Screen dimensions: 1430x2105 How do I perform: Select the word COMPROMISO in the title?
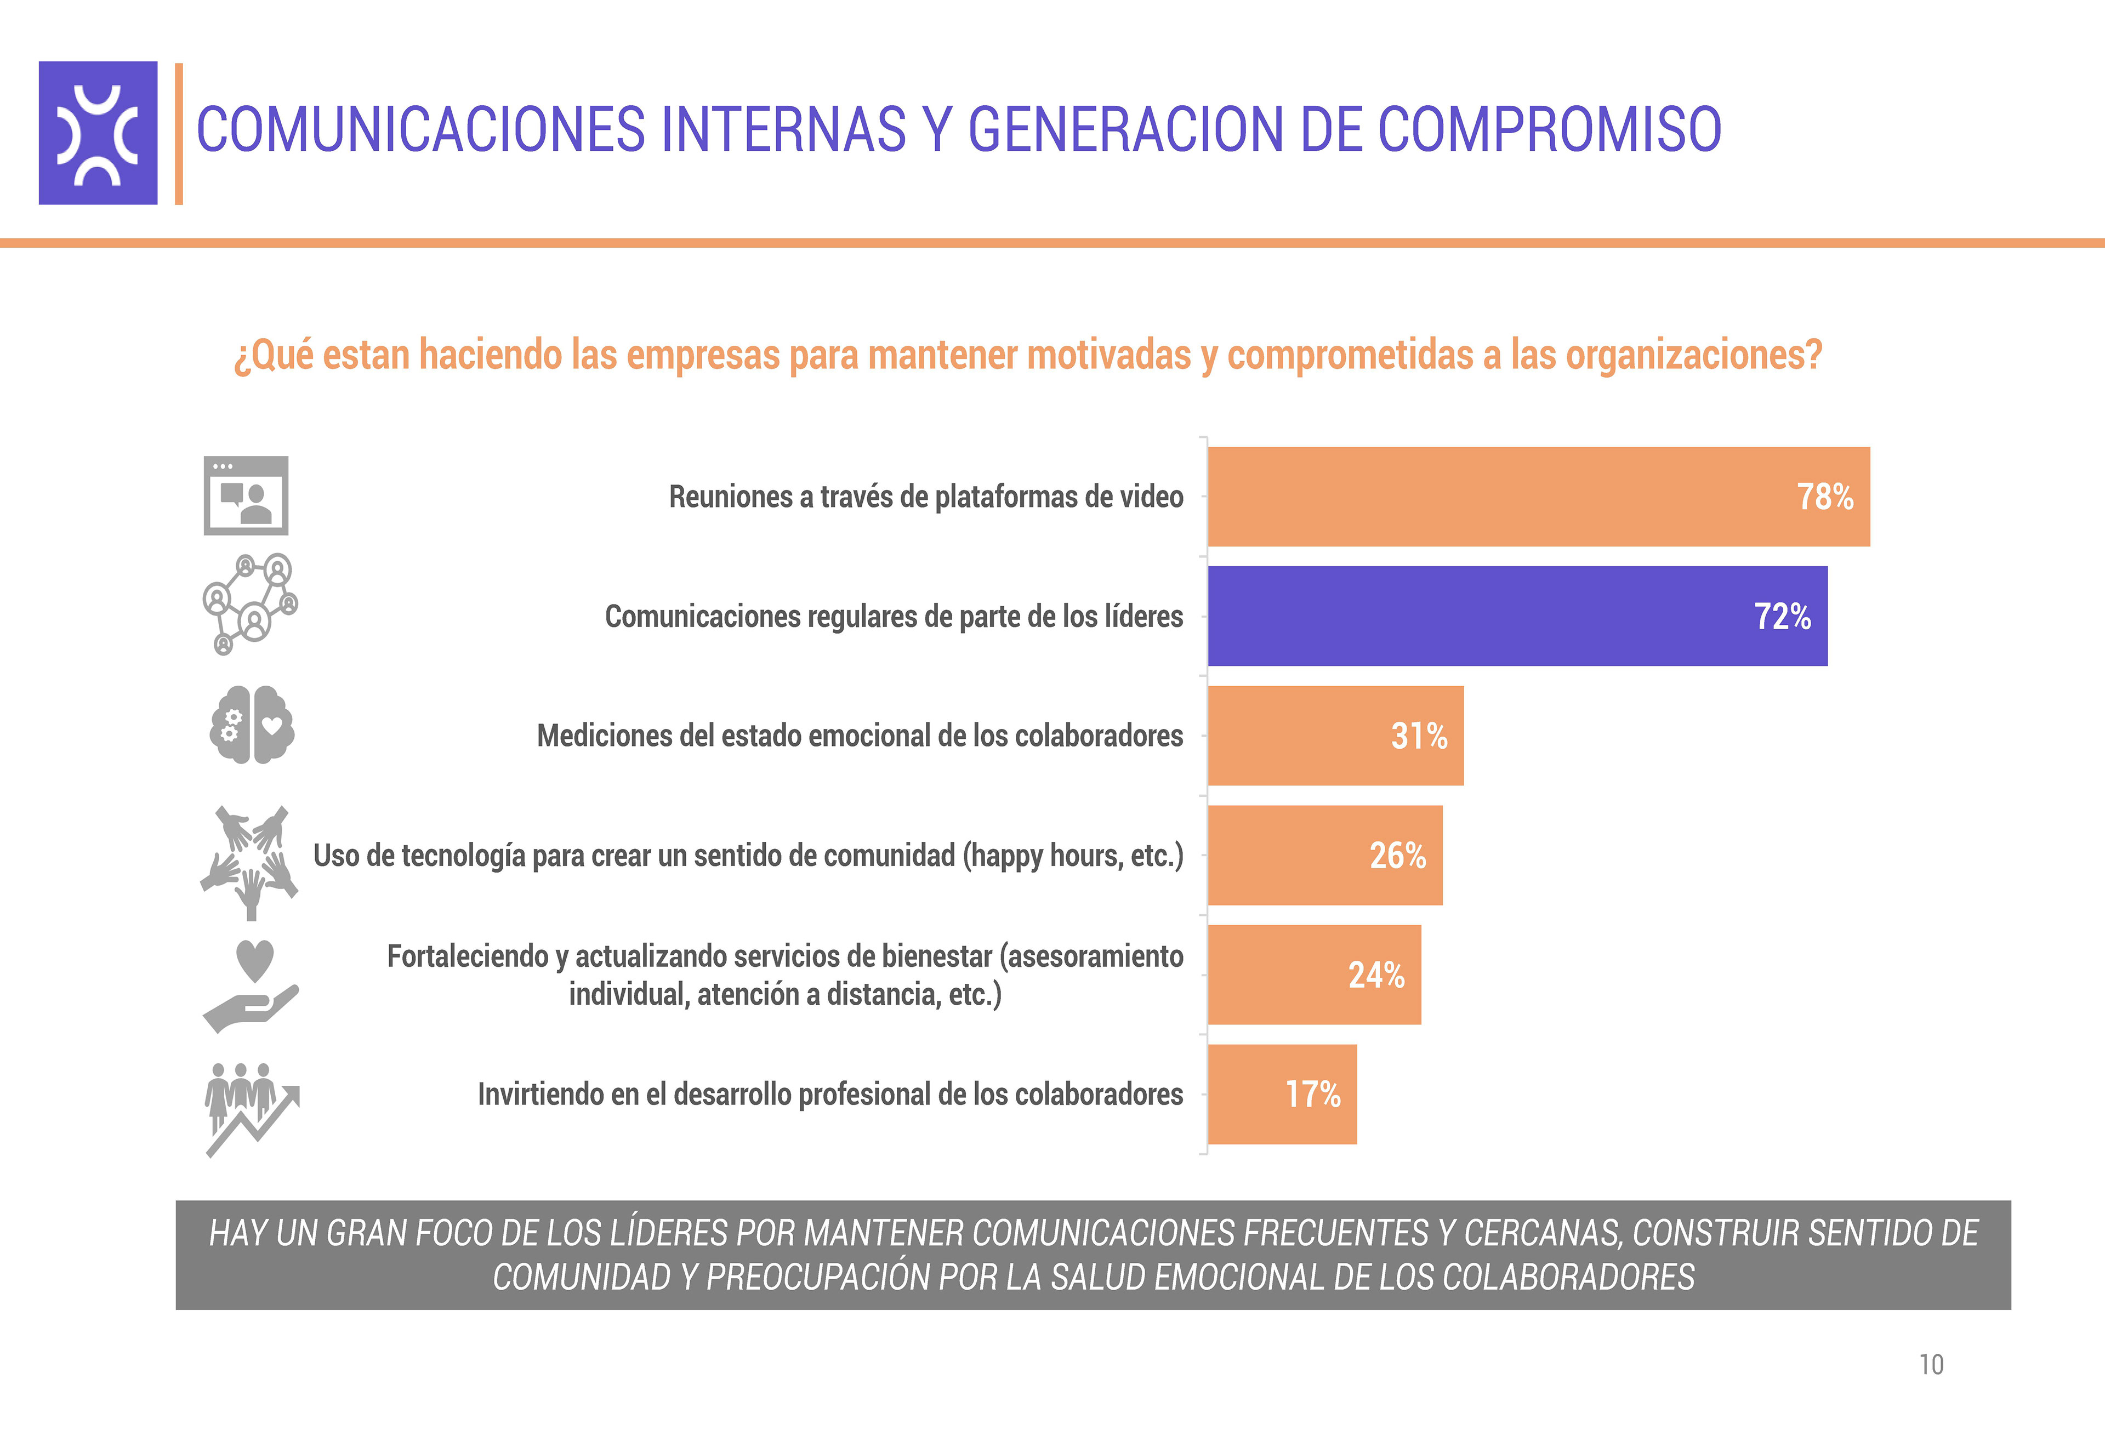point(1549,129)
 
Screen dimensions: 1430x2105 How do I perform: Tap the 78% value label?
point(1824,497)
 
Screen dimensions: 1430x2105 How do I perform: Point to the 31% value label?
point(1419,736)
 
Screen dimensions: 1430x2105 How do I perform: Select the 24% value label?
point(1376,976)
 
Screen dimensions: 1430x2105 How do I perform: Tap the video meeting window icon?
point(246,495)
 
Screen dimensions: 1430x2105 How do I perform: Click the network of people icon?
point(249,603)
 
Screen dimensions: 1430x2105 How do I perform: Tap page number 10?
point(1931,1365)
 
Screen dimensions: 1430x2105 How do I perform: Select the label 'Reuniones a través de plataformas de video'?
point(926,497)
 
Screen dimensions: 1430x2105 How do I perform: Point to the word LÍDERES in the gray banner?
point(668,1233)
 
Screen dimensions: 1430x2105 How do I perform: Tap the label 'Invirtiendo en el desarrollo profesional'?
point(830,1095)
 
